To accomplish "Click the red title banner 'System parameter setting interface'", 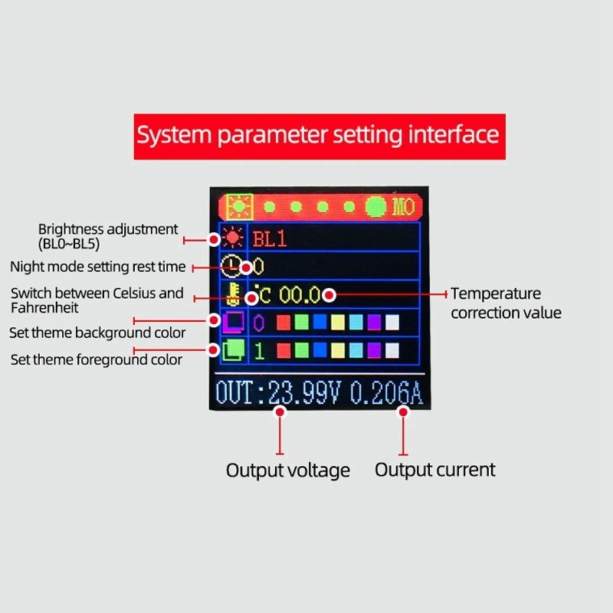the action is point(318,136).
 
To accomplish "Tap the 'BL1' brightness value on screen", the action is point(270,238).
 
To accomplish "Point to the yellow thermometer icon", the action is point(231,293).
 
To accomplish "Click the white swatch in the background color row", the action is point(392,323).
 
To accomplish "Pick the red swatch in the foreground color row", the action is point(284,351).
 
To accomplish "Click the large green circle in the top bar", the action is point(376,207).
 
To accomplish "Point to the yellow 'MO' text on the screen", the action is point(404,207).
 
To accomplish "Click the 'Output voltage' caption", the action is point(288,470).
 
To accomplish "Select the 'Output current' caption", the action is point(435,470).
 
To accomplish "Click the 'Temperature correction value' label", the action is point(506,303).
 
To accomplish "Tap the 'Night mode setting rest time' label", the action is point(97,267).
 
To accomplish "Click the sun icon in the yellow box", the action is point(240,207).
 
